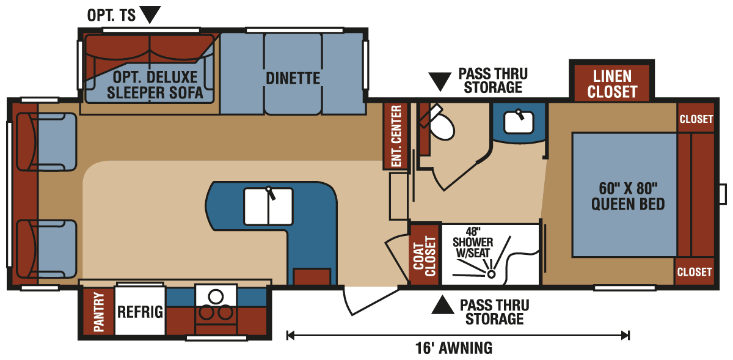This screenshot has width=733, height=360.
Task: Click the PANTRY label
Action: [98, 312]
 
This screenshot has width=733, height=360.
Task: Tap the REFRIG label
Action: [140, 312]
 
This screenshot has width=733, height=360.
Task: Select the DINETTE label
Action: [293, 78]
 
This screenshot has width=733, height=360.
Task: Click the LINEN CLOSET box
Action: [612, 84]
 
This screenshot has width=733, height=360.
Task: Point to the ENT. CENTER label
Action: [396, 136]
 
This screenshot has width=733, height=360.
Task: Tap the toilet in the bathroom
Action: [441, 125]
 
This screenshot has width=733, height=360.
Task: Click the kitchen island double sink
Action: [268, 206]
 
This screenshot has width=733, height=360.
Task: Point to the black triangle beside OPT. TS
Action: [150, 13]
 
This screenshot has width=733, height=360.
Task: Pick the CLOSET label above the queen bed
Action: [696, 119]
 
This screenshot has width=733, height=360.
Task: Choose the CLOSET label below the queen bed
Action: [695, 271]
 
